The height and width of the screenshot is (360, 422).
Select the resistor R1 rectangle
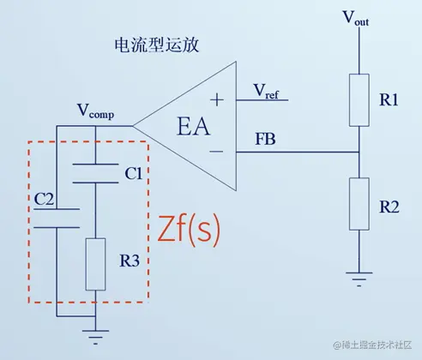(x=358, y=100)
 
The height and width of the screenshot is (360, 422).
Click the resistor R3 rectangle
(x=96, y=265)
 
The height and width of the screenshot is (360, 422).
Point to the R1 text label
(x=389, y=100)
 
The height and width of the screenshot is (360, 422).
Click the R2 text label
(x=389, y=208)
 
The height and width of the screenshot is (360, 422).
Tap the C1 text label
(x=133, y=174)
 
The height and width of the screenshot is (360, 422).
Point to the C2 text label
(x=45, y=199)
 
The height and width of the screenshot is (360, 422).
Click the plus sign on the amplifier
(x=217, y=99)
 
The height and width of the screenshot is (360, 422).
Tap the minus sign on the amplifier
(x=218, y=153)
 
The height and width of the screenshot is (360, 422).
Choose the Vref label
(x=266, y=90)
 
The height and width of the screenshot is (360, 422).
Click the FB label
(x=267, y=139)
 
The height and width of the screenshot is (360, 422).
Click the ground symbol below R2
(x=358, y=276)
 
